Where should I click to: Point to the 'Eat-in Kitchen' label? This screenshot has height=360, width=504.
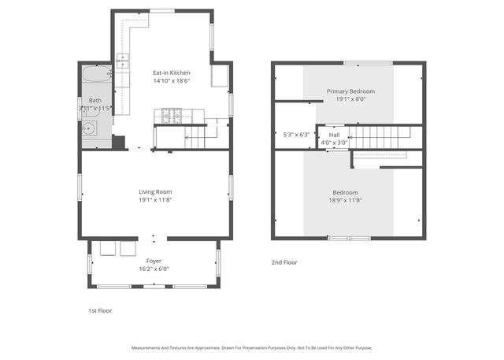[x=171, y=72]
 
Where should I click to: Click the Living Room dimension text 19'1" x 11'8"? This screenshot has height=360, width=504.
[x=155, y=200]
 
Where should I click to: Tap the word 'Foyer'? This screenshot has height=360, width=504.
[x=154, y=260]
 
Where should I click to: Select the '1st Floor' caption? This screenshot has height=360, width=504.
[x=99, y=310]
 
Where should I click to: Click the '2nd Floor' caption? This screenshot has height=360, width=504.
[x=284, y=262]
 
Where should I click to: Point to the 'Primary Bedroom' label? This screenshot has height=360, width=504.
[x=350, y=91]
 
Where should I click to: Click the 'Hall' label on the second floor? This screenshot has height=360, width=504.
[x=334, y=135]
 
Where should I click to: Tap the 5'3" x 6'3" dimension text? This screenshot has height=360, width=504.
[x=296, y=135]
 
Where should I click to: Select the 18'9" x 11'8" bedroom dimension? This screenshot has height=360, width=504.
[x=345, y=200]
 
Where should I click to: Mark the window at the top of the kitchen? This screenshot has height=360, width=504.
[x=162, y=10]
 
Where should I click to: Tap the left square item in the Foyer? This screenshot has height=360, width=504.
[x=108, y=249]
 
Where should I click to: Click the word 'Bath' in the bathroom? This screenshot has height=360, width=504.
[x=94, y=100]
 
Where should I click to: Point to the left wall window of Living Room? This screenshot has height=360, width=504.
[x=79, y=187]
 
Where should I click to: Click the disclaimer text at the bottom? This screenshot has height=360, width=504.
[x=251, y=347]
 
